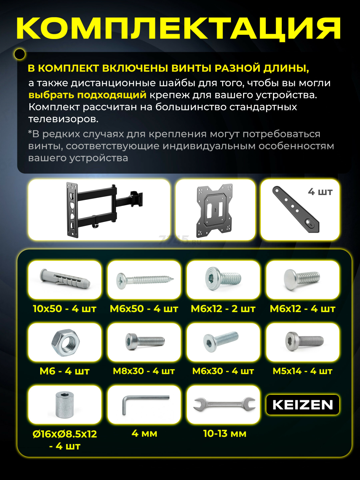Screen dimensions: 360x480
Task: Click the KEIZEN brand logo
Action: [303, 405]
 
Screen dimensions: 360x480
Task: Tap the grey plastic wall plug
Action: [65, 279]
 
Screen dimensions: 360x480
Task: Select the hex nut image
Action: [65, 343]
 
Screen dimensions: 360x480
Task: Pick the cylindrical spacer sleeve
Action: [65, 405]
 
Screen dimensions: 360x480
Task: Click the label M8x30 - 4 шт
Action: [144, 371]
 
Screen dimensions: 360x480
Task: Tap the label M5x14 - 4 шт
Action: [302, 371]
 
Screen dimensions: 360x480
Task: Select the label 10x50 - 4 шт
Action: [65, 309]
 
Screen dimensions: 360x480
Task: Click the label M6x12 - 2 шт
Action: [223, 309]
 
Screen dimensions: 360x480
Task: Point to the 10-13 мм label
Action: [225, 433]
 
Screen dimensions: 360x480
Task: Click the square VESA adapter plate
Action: [215, 210]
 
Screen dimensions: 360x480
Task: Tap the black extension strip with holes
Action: [296, 209]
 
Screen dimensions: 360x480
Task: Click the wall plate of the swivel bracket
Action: [72, 210]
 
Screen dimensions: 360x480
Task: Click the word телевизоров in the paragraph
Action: [63, 119]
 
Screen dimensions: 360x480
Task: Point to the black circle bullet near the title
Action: [20, 54]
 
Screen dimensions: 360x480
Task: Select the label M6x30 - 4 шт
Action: [223, 371]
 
